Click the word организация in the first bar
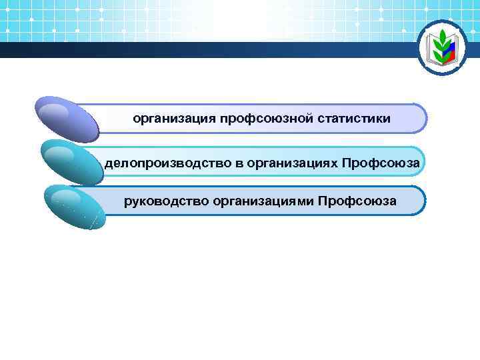point(173,119)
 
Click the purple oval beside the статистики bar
point(67,119)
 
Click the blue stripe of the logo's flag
point(451,48)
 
